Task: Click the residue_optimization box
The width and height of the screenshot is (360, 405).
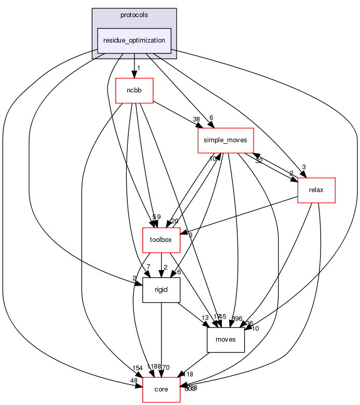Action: click(135, 40)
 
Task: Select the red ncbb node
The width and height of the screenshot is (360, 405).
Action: click(134, 91)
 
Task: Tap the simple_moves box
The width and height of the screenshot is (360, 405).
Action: click(225, 140)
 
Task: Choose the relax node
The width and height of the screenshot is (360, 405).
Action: click(316, 190)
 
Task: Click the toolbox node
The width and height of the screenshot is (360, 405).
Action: click(161, 240)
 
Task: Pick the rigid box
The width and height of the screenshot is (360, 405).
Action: click(161, 290)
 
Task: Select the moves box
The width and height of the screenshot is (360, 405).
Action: click(225, 340)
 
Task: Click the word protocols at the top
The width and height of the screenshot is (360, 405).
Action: click(134, 15)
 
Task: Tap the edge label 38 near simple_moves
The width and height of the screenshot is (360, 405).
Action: click(196, 119)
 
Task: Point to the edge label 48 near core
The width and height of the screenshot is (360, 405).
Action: click(134, 381)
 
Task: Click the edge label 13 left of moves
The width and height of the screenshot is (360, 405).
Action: click(205, 318)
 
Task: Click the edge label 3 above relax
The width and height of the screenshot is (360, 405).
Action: click(304, 167)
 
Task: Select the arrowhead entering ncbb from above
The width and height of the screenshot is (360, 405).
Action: click(134, 74)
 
